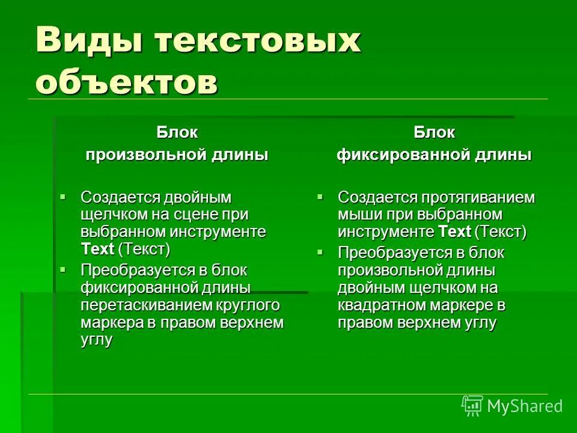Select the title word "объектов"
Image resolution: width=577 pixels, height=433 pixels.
pyautogui.click(x=126, y=81)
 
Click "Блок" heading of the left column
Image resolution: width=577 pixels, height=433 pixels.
pyautogui.click(x=177, y=132)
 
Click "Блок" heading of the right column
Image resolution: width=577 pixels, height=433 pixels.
pyautogui.click(x=434, y=132)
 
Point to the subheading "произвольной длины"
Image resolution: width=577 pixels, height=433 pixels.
pyautogui.click(x=177, y=155)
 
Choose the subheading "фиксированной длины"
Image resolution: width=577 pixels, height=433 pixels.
pyautogui.click(x=434, y=155)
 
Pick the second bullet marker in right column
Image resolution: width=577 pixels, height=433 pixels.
pyautogui.click(x=320, y=250)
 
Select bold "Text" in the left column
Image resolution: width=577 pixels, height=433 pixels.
pyautogui.click(x=97, y=249)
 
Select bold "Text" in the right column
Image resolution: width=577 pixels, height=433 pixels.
pyautogui.click(x=454, y=232)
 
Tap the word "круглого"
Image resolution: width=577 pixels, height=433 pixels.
pyautogui.click(x=252, y=305)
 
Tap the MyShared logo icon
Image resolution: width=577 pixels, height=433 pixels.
pyautogui.click(x=472, y=405)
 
